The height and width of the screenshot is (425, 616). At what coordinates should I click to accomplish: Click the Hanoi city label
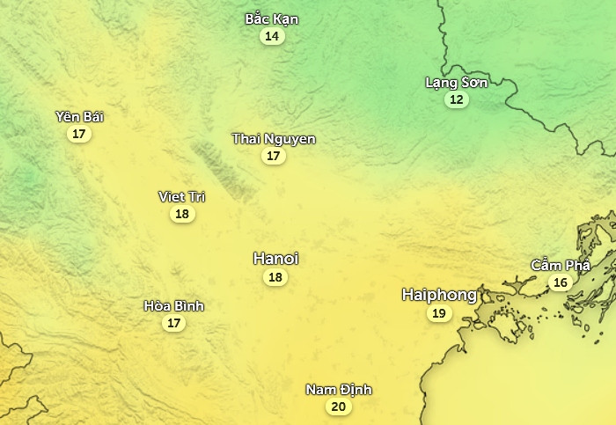coord(275,259)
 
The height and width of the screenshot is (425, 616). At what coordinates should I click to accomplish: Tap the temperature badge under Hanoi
coord(275,277)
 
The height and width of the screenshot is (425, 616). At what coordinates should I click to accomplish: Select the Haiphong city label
coord(439,295)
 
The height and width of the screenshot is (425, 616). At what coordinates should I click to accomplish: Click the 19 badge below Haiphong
coord(438,313)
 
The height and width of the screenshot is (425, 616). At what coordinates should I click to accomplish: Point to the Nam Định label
coord(339,390)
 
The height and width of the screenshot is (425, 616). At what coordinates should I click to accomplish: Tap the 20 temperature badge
coord(338,407)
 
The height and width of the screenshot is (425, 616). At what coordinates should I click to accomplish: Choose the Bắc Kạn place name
coord(272,19)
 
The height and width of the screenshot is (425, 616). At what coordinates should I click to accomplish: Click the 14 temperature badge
coord(272,36)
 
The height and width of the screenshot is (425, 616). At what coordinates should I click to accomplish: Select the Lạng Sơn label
coord(456,83)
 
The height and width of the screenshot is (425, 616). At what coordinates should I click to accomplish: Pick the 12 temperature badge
coord(456,99)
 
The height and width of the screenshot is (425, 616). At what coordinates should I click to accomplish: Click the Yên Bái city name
coord(79,117)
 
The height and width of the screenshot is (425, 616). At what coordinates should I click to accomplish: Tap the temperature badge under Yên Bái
coord(79,134)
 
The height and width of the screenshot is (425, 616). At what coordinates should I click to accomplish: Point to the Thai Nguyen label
coord(274,139)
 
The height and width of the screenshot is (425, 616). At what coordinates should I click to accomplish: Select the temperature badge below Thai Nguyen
coord(274,156)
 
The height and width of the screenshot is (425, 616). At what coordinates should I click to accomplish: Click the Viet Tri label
coord(182,196)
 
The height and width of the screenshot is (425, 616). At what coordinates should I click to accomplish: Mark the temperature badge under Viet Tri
coord(182,214)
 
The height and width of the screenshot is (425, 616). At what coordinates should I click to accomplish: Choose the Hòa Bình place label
coord(174,306)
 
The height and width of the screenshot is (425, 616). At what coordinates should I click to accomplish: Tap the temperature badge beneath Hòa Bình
coord(174,323)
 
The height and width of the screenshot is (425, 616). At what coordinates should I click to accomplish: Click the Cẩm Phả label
coord(560,265)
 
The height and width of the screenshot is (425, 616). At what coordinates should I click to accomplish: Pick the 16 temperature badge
coord(560,282)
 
